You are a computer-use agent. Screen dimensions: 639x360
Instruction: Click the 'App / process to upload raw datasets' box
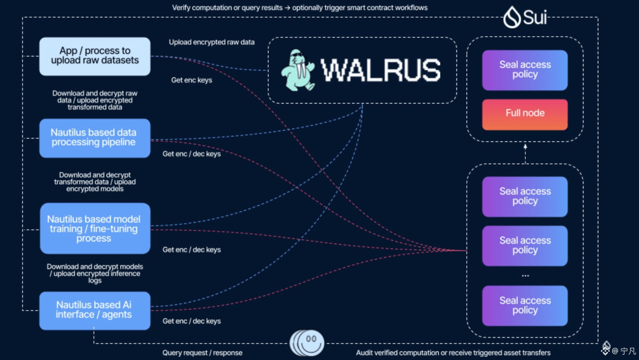coord(95,56)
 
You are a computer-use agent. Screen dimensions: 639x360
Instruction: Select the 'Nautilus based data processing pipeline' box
coord(95,138)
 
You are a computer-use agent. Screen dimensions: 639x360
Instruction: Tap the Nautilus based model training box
coord(95,228)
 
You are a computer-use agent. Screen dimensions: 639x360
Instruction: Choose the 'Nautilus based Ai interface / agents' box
coord(95,311)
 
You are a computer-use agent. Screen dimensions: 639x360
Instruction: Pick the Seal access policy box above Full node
coord(525,70)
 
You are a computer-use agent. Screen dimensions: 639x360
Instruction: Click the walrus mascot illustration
coord(298,70)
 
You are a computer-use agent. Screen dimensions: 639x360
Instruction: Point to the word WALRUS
coord(380,70)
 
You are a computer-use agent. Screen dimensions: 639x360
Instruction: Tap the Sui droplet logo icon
coord(512,17)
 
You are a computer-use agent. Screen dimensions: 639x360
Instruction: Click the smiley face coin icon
coord(307,343)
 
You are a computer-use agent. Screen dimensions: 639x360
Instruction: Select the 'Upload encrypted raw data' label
coord(211,42)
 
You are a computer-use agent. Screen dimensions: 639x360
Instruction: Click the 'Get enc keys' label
coord(192,80)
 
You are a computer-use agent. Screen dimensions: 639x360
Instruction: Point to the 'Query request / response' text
coord(202,353)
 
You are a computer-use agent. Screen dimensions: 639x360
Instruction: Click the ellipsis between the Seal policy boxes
coord(525,276)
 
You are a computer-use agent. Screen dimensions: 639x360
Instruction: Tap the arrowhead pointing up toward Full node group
coord(525,146)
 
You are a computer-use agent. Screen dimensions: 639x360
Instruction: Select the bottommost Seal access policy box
coord(525,305)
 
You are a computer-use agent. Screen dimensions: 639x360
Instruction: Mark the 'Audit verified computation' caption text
coord(453,353)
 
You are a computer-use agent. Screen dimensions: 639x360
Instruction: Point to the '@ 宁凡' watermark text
coord(624,351)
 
